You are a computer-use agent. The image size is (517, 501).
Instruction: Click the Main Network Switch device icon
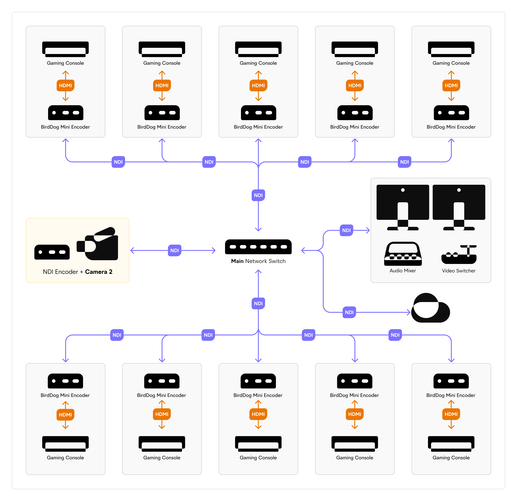(258, 247)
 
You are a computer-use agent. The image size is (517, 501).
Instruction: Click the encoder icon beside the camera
(52, 252)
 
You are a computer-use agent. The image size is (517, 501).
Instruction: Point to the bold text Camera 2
(99, 272)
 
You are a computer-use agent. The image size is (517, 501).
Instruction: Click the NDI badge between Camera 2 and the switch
(175, 250)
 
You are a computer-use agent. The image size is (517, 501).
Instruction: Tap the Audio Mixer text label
(403, 271)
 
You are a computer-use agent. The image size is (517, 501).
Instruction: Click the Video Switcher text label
(459, 271)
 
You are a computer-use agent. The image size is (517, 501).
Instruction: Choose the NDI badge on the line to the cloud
(349, 312)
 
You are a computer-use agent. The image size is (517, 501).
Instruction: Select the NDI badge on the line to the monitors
(346, 230)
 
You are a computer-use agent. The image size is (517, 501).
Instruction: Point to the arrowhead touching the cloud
(409, 312)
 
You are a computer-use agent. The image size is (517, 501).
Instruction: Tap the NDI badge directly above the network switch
(258, 195)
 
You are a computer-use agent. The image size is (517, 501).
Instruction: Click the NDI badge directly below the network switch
(258, 303)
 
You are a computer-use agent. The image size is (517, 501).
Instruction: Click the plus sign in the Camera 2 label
(82, 272)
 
